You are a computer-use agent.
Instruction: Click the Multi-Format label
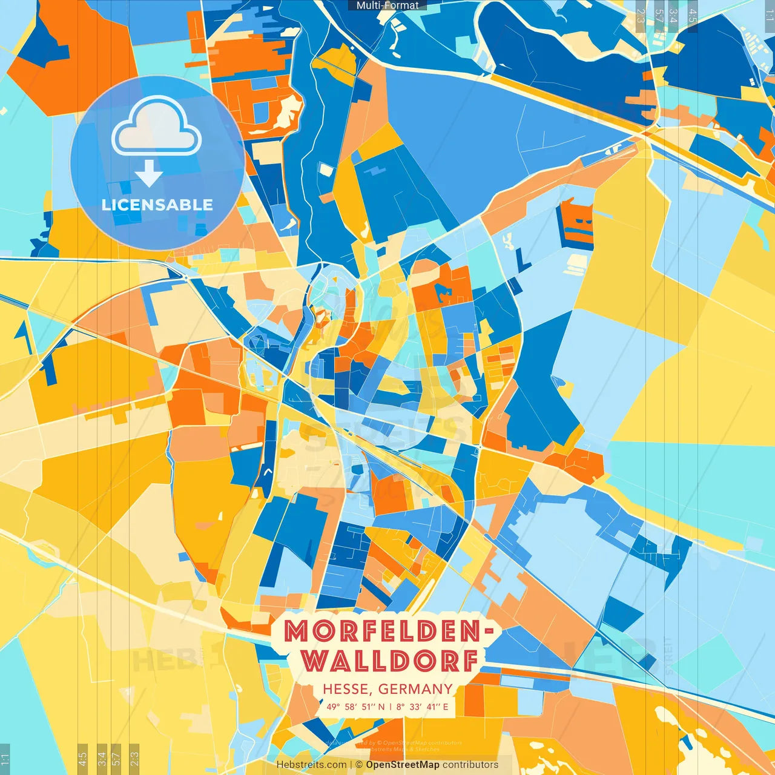click(387, 5)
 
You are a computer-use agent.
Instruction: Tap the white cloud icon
click(156, 128)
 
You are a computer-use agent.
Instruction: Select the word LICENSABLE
click(157, 205)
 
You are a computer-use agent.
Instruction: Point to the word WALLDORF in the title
click(391, 661)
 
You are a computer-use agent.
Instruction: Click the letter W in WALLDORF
click(315, 661)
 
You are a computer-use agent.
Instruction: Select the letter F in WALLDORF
click(468, 661)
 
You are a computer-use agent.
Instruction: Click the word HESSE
click(346, 689)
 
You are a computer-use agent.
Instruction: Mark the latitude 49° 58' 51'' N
click(355, 707)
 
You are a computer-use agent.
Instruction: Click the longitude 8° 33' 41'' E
click(423, 707)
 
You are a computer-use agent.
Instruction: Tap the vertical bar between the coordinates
click(391, 707)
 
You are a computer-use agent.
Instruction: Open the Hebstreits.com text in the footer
click(311, 765)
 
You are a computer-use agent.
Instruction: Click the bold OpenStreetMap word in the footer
click(403, 765)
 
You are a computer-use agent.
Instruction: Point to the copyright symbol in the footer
click(359, 765)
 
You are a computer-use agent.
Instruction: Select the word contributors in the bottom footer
click(470, 765)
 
